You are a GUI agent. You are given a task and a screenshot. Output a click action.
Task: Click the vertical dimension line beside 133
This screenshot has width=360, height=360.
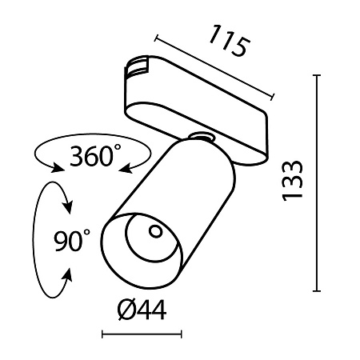click(x=318, y=184)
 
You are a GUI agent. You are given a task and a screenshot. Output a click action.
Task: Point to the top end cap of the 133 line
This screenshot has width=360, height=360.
click(x=318, y=77)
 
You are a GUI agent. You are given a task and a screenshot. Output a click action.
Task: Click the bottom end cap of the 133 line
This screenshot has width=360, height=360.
click(x=318, y=290)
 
